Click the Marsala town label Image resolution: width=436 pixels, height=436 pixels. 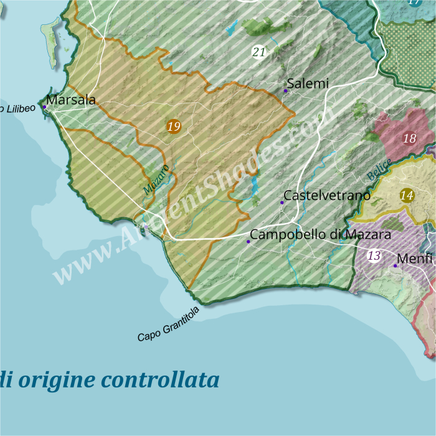pos(71,100)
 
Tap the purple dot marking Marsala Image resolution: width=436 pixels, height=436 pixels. pos(45,107)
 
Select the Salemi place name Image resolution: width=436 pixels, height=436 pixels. pos(307,83)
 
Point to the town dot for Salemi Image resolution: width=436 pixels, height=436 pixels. pos(286,91)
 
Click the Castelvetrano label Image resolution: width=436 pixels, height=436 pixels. pos(327,196)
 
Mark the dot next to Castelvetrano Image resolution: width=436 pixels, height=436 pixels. pos(282,202)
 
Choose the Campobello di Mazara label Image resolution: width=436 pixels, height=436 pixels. pos(320,235)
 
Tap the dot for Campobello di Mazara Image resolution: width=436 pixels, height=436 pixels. pos(249,242)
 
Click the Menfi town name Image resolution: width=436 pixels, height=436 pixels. pos(414,258)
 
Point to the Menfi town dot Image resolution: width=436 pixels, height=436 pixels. pos(395,266)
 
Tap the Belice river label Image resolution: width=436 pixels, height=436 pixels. pos(379,169)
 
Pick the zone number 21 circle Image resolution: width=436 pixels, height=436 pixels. pos(259,52)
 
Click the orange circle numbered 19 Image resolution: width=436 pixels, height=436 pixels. pos(174,127)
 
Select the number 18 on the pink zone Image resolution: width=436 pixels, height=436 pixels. pos(409,138)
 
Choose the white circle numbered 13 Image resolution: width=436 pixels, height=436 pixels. pos(374,255)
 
